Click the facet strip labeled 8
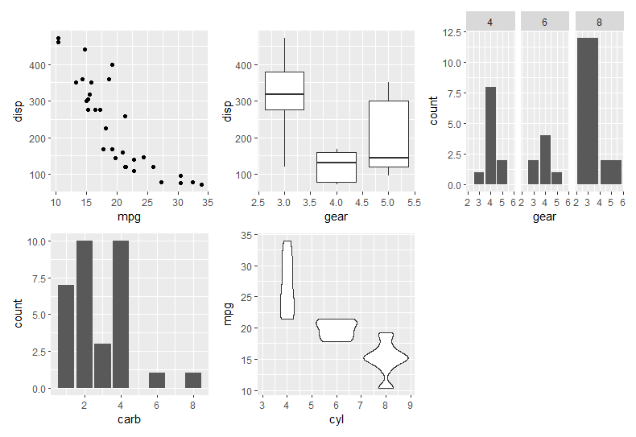tap(599, 23)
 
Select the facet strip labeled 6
tap(545, 23)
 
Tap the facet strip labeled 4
tap(490, 23)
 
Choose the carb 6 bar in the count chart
tap(157, 380)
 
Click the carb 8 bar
tap(193, 380)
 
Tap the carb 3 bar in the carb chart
tap(102, 366)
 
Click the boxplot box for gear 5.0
tap(389, 134)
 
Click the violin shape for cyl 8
tap(386, 359)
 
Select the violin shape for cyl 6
tap(337, 330)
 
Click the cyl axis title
tap(337, 419)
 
